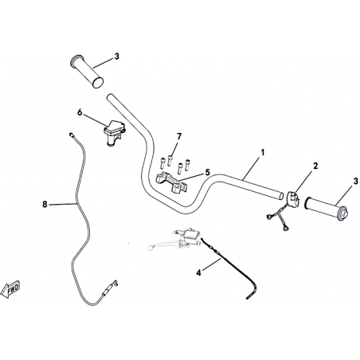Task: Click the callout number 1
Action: point(263,153)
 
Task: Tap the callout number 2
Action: point(315,166)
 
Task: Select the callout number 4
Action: point(199,272)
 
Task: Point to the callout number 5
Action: point(207,172)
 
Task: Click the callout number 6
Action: point(80,112)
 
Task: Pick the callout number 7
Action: point(179,136)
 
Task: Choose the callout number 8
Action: point(45,204)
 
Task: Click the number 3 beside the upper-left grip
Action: point(116,57)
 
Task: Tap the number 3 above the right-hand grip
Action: point(355,182)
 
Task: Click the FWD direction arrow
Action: point(10,289)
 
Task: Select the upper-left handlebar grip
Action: point(87,72)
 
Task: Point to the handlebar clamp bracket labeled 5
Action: point(171,182)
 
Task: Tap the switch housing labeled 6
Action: point(114,132)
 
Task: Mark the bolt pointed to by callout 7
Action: point(170,160)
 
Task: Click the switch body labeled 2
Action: point(293,198)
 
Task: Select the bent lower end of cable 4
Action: point(252,292)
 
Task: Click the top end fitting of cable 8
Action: point(72,135)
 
